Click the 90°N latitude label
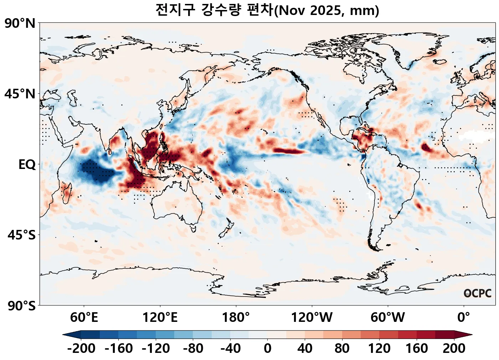click(20, 24)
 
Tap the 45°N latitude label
click(20, 94)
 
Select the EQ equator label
click(27, 165)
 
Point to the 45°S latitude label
click(21, 235)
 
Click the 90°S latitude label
click(21, 306)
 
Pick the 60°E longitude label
click(84, 317)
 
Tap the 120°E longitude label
click(160, 317)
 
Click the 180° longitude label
click(236, 317)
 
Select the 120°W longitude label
click(312, 317)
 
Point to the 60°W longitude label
click(388, 317)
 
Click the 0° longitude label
click(464, 317)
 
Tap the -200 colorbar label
click(81, 348)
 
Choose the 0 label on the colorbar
click(268, 348)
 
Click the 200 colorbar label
click(454, 348)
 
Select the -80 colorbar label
click(193, 348)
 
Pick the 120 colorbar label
click(379, 348)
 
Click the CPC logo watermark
click(478, 293)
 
